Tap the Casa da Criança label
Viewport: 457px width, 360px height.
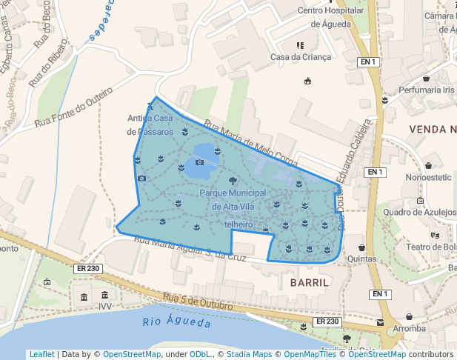300,57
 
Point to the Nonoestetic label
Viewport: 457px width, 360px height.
428,178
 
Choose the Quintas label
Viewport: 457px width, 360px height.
362,259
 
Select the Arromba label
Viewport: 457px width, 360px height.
409,328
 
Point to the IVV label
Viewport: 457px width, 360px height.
104,305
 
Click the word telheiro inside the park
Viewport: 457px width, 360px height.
238,224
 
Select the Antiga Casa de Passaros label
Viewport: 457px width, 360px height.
150,124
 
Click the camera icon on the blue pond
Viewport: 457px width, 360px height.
199,161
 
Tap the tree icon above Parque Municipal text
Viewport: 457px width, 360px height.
233,180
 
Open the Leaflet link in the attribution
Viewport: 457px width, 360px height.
42,354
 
